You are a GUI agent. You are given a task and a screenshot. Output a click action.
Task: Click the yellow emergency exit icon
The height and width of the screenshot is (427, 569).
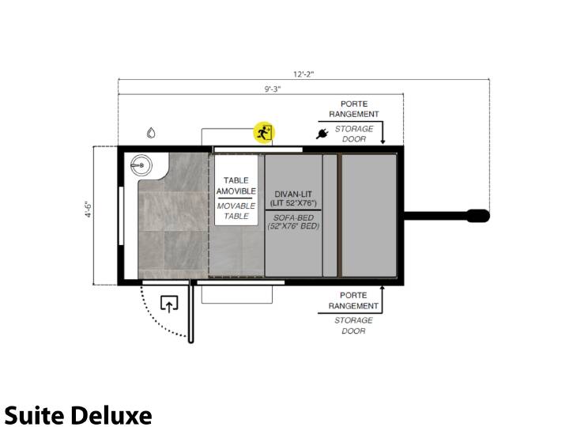264,132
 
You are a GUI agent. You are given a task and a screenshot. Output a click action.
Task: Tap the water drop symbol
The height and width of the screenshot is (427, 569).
151,133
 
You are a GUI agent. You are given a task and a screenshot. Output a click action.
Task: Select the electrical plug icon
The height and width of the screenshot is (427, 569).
322,134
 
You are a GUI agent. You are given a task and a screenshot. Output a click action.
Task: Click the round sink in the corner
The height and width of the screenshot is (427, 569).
141,165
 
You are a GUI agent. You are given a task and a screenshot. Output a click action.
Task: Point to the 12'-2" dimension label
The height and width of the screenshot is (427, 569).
303,74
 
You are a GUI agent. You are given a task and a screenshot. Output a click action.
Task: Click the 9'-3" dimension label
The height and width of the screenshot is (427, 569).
272,89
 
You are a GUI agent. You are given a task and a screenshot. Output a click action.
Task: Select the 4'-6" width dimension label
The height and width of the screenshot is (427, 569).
89,209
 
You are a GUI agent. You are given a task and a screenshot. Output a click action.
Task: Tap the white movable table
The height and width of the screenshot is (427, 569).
236,190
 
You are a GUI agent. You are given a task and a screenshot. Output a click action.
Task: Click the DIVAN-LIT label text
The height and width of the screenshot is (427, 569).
293,194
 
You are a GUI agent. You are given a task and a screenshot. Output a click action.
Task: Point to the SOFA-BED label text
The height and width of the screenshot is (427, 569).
293,218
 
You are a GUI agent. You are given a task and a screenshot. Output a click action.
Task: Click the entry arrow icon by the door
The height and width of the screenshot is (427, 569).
169,304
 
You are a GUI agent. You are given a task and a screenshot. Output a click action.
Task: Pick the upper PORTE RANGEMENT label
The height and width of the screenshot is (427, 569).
354,109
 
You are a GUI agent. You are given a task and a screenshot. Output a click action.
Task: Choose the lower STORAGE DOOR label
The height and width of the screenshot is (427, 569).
353,326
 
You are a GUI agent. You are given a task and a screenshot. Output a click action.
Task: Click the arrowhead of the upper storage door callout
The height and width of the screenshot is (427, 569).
382,142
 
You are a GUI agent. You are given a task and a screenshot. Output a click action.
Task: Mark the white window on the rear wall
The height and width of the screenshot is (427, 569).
121,216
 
